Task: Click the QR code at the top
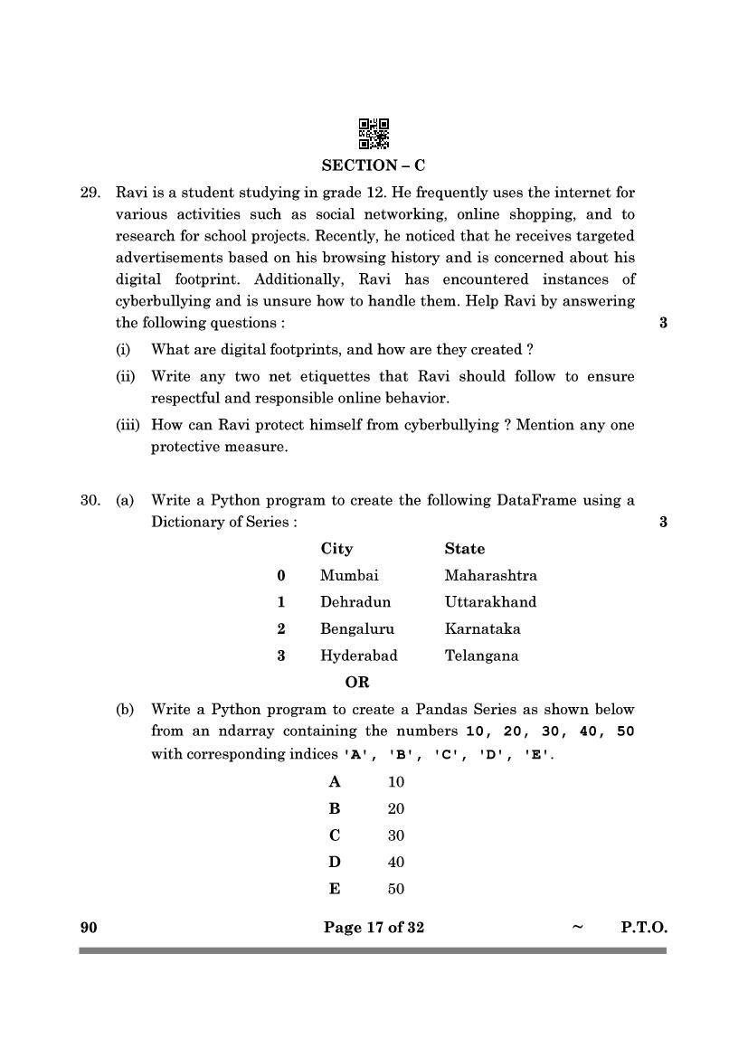tap(374, 134)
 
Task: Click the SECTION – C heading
tap(374, 165)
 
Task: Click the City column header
tap(336, 549)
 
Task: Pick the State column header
tap(464, 549)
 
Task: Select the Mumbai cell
tap(349, 575)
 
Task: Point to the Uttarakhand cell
tap(490, 602)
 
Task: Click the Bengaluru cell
tap(356, 629)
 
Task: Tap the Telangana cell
tap(481, 656)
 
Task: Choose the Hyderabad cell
tap(358, 656)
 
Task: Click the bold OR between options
tap(356, 683)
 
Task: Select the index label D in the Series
tap(335, 863)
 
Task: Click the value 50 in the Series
tap(395, 890)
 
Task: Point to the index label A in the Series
tap(335, 782)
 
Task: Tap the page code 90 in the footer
tap(88, 927)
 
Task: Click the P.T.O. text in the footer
tap(644, 927)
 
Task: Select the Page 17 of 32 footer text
tap(374, 927)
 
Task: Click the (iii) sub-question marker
tap(128, 425)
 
